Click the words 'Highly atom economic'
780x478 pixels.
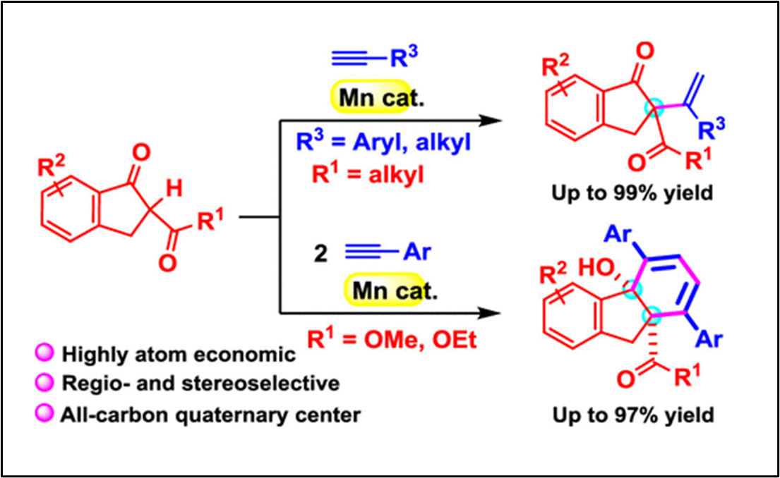(179, 355)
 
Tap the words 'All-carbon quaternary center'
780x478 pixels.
(211, 414)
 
